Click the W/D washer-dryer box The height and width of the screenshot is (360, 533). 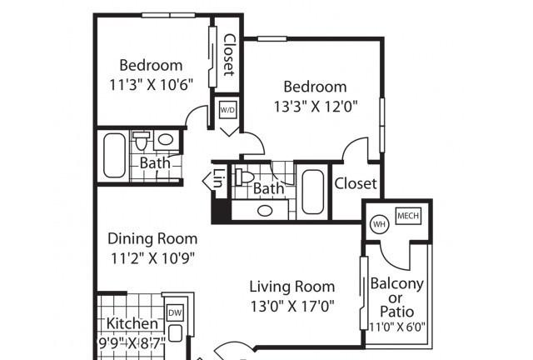click(227, 109)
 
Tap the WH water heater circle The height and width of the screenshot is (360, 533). click(380, 224)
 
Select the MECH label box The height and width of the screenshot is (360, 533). click(408, 216)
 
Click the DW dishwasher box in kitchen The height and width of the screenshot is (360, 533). click(175, 312)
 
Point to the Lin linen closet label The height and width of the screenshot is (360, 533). click(217, 178)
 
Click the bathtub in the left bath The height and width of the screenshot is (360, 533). click(115, 155)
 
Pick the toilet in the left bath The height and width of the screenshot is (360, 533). click(141, 141)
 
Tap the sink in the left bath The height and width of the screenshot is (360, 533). click(166, 139)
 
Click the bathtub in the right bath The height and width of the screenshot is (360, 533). click(313, 192)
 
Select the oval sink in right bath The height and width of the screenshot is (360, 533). click(265, 211)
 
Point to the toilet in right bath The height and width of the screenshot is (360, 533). click(245, 177)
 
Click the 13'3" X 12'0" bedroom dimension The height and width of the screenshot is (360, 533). click(316, 107)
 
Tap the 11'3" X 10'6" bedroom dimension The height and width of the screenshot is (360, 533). click(152, 84)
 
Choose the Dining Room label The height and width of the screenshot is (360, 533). click(152, 238)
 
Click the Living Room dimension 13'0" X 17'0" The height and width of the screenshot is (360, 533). click(292, 306)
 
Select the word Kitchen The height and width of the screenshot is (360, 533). click(132, 323)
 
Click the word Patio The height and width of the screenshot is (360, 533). click(396, 312)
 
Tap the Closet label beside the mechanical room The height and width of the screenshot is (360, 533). click(356, 183)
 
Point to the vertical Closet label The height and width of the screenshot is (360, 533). click(229, 54)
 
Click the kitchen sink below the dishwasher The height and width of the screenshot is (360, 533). click(175, 333)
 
